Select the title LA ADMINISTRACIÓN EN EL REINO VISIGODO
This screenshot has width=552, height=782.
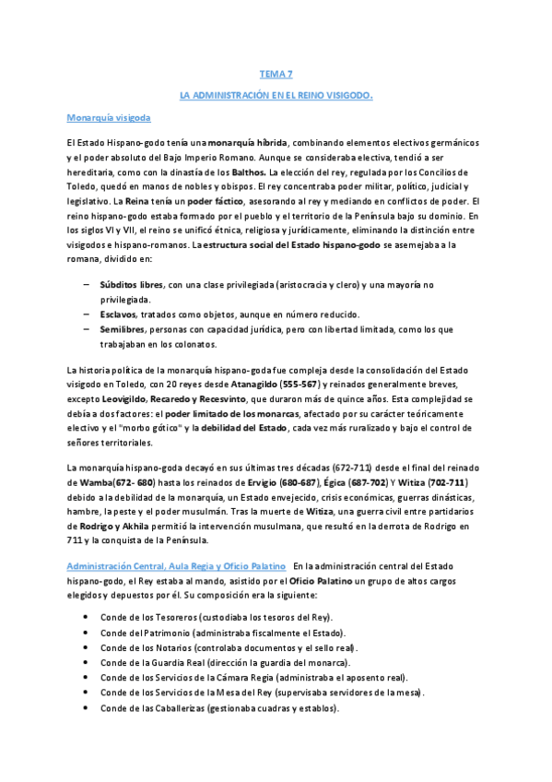click(x=276, y=94)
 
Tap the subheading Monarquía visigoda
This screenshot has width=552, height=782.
click(x=109, y=118)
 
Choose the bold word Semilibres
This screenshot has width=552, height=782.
click(x=123, y=329)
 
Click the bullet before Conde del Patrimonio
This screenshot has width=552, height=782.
click(x=86, y=633)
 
